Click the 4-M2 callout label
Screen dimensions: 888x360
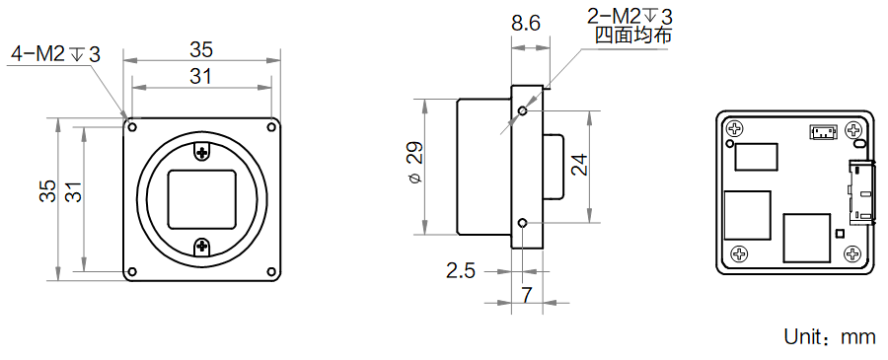[x=55, y=54]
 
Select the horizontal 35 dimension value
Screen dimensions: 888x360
[x=201, y=50]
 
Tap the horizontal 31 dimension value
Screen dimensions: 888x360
[x=200, y=76]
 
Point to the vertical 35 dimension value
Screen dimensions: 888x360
[x=47, y=190]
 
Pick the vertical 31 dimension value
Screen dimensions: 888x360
[x=74, y=191]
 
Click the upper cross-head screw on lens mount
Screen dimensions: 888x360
[x=202, y=151]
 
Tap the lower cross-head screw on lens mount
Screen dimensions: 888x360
[x=202, y=246]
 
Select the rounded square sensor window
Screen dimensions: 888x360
[x=202, y=199]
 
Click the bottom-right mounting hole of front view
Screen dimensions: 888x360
[x=271, y=271]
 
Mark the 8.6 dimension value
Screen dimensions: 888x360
[x=526, y=24]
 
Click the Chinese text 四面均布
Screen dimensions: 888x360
[x=633, y=36]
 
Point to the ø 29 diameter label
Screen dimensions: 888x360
[x=415, y=162]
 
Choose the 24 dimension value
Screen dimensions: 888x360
[x=579, y=166]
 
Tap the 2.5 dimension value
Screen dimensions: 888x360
[x=461, y=271]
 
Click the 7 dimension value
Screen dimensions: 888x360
[x=527, y=295]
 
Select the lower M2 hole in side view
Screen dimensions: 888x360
[x=523, y=223]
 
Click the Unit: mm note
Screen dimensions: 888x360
[x=830, y=336]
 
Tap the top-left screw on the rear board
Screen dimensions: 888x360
[x=734, y=129]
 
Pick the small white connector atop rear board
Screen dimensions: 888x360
[x=823, y=133]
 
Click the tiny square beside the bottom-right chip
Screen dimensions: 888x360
[x=840, y=233]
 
